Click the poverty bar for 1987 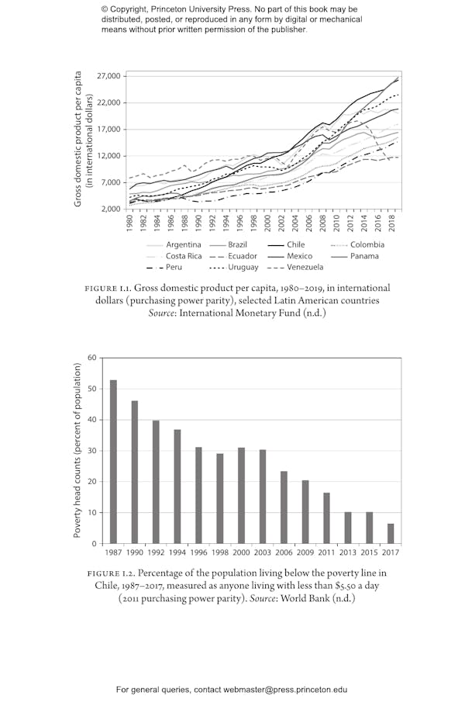(114, 462)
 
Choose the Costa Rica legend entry (184, 256)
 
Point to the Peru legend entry (174, 268)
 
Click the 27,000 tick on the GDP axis (109, 76)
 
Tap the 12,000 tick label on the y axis (109, 156)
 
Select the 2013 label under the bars (348, 552)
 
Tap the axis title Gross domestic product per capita (78, 140)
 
